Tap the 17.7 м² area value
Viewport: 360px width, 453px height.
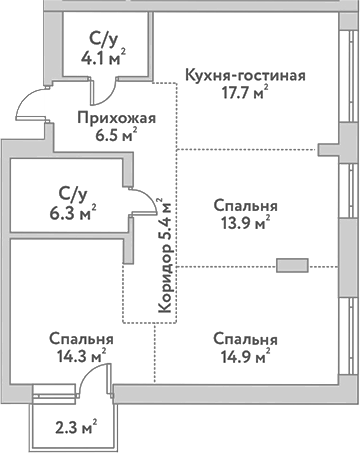[x=245, y=95]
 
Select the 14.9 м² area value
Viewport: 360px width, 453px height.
[x=245, y=355]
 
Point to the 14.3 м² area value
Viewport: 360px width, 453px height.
[x=84, y=355]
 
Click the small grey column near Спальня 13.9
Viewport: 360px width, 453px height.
[x=293, y=266]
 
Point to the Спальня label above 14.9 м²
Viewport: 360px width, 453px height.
[x=245, y=338]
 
